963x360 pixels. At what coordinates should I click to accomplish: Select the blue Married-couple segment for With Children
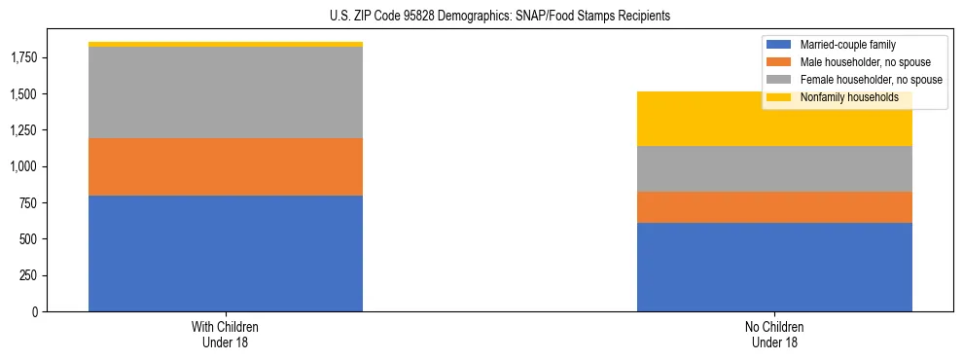[226, 253]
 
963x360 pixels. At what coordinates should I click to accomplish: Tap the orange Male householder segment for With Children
[226, 166]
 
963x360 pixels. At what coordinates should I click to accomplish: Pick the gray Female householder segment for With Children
[226, 92]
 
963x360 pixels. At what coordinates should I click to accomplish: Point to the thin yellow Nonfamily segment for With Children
[226, 44]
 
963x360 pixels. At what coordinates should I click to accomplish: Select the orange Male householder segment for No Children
[774, 207]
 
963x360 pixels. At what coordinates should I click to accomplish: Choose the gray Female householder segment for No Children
[774, 168]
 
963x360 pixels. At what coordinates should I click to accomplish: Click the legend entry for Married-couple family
[847, 45]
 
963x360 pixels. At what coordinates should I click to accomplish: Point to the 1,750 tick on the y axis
[24, 58]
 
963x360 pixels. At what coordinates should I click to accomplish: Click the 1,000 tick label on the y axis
[24, 166]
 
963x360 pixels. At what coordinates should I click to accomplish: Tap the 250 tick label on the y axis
[30, 275]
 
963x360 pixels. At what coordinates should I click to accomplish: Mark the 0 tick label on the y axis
[36, 311]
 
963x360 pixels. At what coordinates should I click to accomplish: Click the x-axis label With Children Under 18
[226, 334]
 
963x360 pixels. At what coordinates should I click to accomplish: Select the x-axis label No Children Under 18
[774, 334]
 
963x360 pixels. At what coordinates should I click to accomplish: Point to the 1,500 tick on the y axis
[24, 94]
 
